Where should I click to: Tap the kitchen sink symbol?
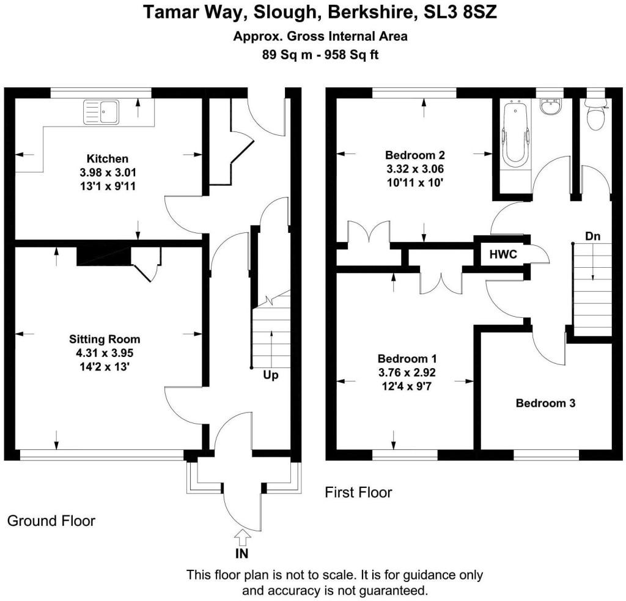click(103, 111)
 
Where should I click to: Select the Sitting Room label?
click(105, 339)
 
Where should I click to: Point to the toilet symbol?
click(595, 116)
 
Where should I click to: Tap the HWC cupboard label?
click(503, 255)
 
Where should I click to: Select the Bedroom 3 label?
click(546, 404)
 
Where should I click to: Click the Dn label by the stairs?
click(592, 235)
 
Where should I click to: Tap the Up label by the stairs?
click(271, 375)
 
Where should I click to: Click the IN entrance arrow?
click(243, 537)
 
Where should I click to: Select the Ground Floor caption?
click(51, 521)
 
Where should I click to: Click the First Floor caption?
click(358, 492)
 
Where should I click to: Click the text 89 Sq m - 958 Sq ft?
click(320, 54)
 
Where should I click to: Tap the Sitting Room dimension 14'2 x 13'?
click(105, 366)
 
